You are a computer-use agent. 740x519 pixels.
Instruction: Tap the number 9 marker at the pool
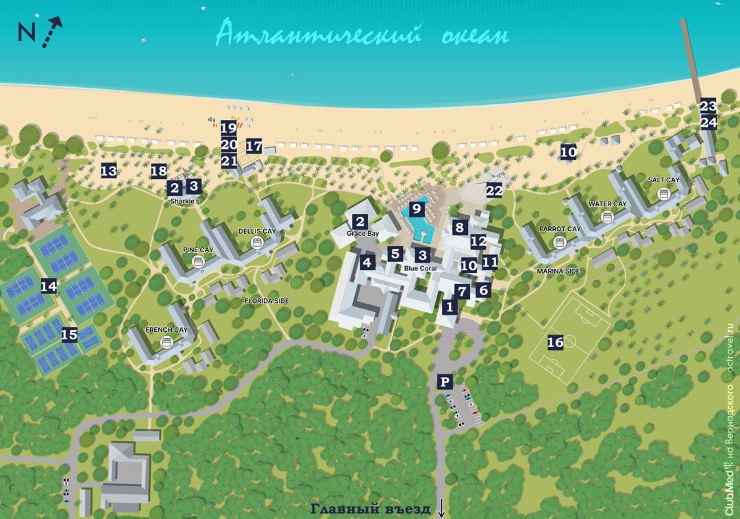click(x=415, y=210)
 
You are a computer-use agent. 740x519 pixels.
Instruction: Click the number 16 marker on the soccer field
click(x=555, y=342)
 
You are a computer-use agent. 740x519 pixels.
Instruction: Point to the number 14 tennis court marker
click(x=48, y=287)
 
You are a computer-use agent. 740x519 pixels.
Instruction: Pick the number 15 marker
click(x=69, y=335)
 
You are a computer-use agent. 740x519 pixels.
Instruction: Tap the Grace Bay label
click(x=362, y=234)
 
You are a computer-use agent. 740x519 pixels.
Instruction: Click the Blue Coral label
click(x=420, y=268)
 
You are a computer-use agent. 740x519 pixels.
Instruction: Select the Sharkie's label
click(x=185, y=201)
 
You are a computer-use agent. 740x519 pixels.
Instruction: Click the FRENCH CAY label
click(x=166, y=330)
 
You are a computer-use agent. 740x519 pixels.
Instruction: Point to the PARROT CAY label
click(x=559, y=229)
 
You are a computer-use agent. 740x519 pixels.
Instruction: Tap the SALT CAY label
click(x=663, y=180)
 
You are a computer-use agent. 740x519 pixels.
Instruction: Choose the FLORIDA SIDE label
click(x=267, y=301)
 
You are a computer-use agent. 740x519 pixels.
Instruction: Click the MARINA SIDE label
click(x=558, y=271)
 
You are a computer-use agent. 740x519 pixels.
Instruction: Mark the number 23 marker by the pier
click(x=708, y=106)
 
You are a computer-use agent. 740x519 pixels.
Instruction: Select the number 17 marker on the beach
click(x=254, y=146)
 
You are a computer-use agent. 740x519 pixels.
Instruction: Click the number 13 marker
click(x=108, y=171)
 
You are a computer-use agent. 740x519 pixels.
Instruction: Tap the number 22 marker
click(x=494, y=191)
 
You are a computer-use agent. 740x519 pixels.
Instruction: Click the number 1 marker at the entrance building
click(x=449, y=307)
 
